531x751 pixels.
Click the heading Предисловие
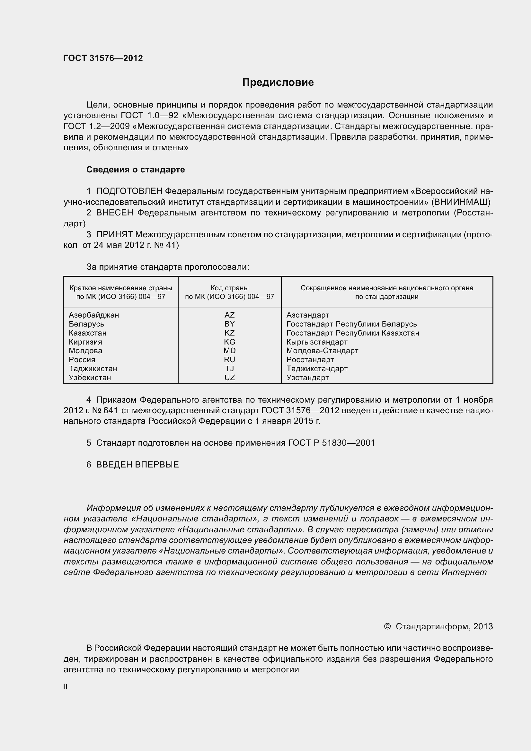click(x=278, y=83)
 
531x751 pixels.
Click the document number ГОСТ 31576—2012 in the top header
click(x=103, y=58)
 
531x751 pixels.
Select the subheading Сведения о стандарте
click(x=136, y=170)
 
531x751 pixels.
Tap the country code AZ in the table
click(x=229, y=315)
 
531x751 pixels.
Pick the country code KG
click(x=229, y=342)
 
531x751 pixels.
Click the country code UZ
click(x=229, y=378)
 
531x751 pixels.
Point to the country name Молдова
click(x=85, y=351)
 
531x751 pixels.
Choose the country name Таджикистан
click(x=93, y=369)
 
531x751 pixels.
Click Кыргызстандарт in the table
click(x=317, y=342)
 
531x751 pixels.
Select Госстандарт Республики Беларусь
click(x=352, y=324)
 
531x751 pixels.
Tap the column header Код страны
click(x=229, y=288)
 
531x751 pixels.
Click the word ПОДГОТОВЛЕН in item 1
click(x=129, y=191)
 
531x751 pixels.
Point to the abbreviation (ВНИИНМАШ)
click(x=461, y=202)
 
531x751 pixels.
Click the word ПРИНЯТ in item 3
click(x=114, y=234)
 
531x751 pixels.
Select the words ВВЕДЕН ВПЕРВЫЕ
click(x=137, y=465)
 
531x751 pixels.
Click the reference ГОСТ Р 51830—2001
click(x=332, y=443)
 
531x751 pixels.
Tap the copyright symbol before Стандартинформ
click(x=387, y=626)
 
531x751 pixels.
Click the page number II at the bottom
click(x=66, y=687)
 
